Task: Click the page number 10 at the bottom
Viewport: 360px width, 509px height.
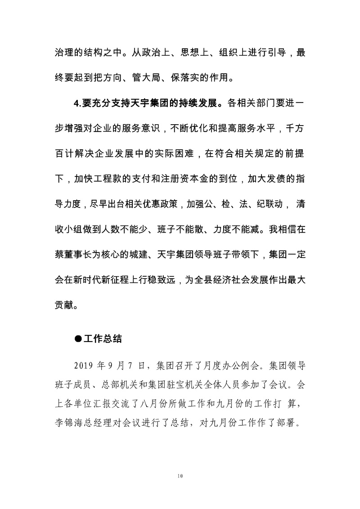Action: click(x=180, y=476)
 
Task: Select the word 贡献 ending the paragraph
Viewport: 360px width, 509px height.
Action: click(x=64, y=305)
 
